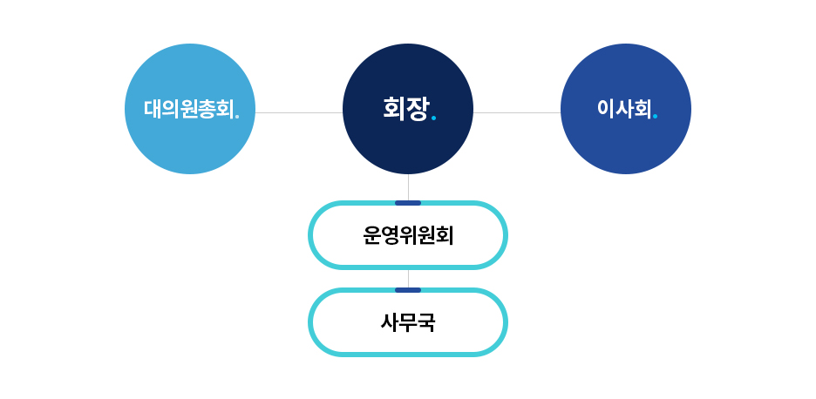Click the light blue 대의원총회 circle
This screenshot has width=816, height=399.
pos(190,109)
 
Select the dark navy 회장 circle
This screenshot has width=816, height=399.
pos(408,109)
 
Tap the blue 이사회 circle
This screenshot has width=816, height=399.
pos(626,109)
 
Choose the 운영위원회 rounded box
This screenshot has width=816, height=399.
pos(408,235)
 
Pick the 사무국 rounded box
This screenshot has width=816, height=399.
pos(408,322)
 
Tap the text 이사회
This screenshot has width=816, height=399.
pos(624,109)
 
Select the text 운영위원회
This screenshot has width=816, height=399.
pos(408,236)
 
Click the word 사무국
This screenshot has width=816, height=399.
pos(408,322)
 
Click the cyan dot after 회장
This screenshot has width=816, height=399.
pos(434,118)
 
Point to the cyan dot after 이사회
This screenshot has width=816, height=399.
pos(656,117)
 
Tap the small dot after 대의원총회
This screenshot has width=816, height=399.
pos(237,117)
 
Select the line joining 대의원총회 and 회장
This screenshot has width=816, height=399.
pos(299,112)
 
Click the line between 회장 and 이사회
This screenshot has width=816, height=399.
pos(517,112)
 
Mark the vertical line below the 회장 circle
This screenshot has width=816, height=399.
pos(409,187)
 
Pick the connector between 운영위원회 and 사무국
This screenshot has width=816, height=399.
pos(409,279)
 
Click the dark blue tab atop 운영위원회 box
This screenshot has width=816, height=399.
pos(408,203)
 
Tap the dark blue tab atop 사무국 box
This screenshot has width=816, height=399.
pos(408,290)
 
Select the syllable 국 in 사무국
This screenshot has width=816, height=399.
pos(426,322)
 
